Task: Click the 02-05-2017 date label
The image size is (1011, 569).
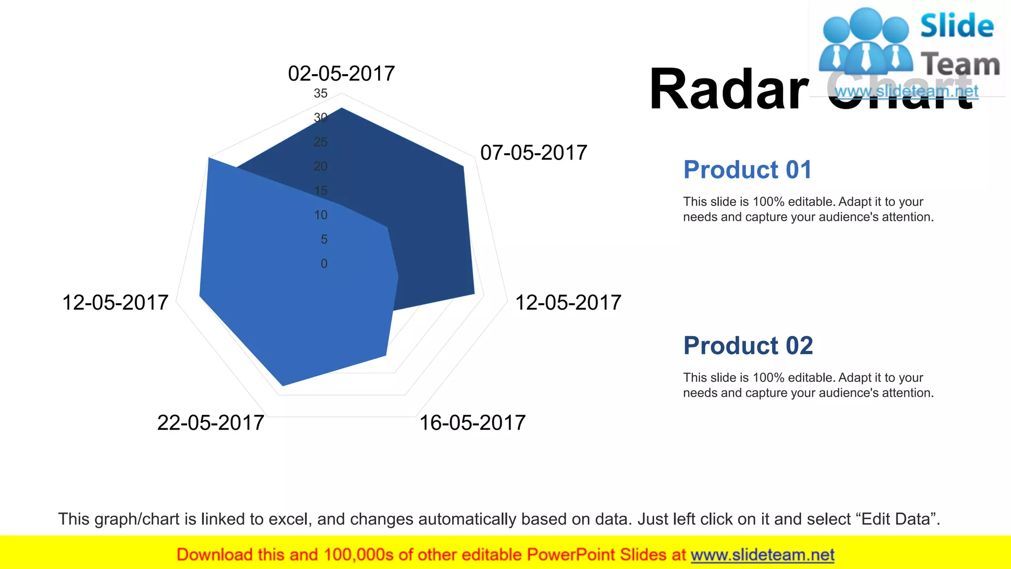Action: coord(341,74)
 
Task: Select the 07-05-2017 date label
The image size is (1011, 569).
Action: coord(534,153)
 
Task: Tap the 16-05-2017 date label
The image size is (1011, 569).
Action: coord(472,423)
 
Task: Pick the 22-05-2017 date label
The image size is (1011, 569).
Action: coord(211,423)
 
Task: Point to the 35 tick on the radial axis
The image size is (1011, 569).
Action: coord(320,93)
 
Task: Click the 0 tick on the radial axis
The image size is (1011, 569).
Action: coord(324,264)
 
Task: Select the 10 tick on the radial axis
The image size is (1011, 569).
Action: coord(321,215)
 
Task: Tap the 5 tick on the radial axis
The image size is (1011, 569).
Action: coord(324,240)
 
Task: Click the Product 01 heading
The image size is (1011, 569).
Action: coord(747,170)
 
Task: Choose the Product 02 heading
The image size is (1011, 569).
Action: coord(748,346)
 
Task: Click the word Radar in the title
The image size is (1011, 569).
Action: coord(729,89)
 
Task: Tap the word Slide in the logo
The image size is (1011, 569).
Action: coord(957,26)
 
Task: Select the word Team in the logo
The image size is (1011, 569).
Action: coord(960,64)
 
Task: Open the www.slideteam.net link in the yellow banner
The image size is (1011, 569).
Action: coord(762,555)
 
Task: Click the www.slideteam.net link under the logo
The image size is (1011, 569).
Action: coord(906,91)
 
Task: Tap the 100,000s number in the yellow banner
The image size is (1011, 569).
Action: coord(358,555)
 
